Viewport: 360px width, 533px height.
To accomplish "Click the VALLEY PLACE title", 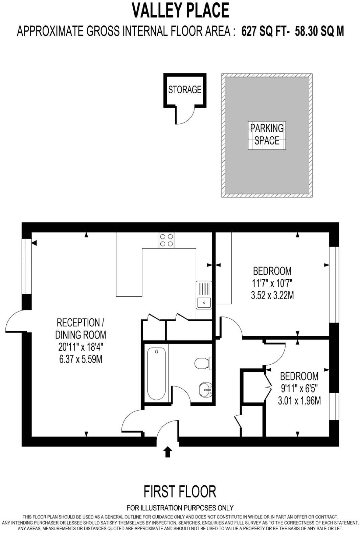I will [180, 10].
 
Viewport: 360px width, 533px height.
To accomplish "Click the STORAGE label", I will [185, 90].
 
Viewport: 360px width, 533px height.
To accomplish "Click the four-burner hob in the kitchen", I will [166, 240].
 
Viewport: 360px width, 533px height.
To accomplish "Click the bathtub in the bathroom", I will [157, 374].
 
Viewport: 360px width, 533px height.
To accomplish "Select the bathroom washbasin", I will [205, 390].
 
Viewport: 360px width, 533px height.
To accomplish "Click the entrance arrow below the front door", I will [167, 452].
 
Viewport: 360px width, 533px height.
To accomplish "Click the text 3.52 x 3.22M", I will [272, 296].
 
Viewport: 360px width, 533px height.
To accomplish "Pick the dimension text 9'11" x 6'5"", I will [299, 388].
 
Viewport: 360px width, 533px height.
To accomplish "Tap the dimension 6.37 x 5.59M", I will [81, 359].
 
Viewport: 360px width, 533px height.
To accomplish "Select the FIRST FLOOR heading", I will [180, 491].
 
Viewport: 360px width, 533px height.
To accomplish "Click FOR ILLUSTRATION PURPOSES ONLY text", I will [180, 508].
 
